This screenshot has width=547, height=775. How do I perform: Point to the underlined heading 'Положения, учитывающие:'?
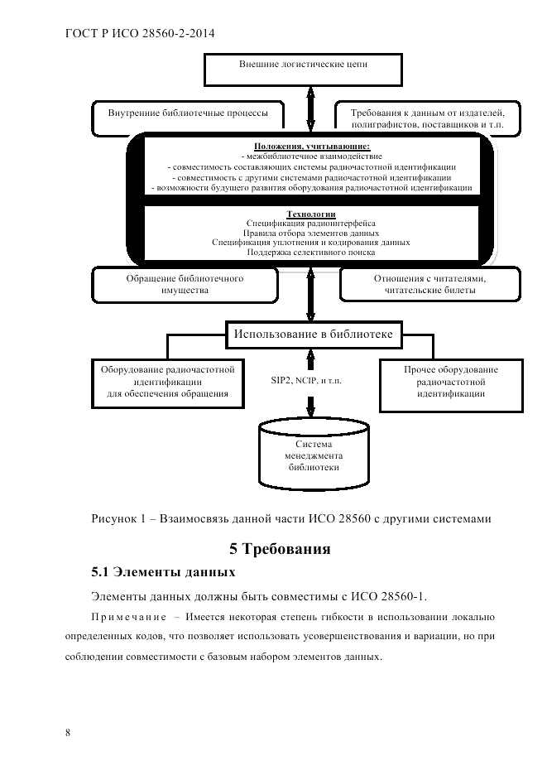312,146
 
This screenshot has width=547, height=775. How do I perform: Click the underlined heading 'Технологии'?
310,213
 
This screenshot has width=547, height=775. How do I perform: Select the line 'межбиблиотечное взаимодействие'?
311,156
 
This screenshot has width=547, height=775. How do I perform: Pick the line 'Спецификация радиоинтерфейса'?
311,223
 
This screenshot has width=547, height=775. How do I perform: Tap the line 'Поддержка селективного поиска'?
311,253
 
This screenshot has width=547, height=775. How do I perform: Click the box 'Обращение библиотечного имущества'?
184,285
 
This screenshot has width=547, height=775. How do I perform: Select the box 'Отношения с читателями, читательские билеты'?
429,285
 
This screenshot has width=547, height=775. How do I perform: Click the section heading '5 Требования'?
280,548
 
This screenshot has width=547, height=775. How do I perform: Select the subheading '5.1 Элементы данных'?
163,571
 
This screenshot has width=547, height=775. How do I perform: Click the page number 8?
67,733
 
